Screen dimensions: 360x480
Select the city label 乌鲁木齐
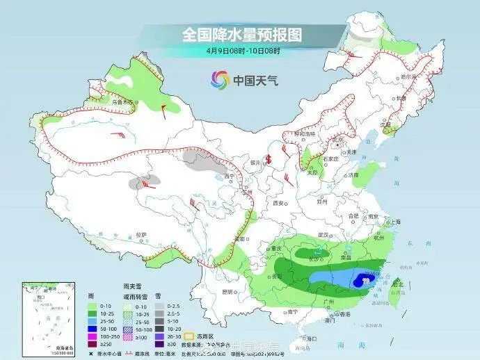click(122, 102)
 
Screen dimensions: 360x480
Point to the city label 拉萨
click(141, 235)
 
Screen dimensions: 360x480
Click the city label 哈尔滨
click(408, 76)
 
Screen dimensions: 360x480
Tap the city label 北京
click(338, 139)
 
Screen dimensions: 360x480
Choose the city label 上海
click(395, 222)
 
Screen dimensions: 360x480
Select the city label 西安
click(280, 203)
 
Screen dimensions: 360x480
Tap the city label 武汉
click(322, 235)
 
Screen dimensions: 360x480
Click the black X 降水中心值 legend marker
click(91, 352)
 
